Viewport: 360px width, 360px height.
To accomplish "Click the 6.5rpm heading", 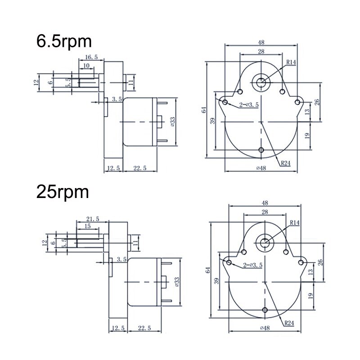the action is pos(64,42).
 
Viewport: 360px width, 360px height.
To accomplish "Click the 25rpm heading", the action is pos(63,193).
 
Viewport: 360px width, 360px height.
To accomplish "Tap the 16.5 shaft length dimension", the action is pos(91,57).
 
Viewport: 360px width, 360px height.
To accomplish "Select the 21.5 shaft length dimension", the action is pos(93,219).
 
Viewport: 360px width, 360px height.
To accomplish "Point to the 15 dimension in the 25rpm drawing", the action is pos(87,226).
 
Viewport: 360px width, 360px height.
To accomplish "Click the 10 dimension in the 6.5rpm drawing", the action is pos(86,66).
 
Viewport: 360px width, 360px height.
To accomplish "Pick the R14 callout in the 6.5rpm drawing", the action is pos(291,62).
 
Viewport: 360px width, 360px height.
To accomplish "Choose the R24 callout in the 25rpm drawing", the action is pos(289,323).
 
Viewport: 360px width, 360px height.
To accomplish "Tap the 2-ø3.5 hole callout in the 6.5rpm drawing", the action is pos(249,105).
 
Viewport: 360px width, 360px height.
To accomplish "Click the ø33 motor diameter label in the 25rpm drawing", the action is pos(177,282).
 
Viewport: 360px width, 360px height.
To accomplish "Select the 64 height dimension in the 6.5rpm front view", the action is pos(204,110).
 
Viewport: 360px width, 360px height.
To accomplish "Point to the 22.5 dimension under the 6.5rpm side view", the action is pos(140,168).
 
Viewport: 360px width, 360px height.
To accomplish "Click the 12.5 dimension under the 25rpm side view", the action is pos(118,328).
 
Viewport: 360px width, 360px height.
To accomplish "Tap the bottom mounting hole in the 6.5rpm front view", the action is pos(261,150).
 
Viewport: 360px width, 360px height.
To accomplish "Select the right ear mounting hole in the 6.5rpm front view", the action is pos(297,102).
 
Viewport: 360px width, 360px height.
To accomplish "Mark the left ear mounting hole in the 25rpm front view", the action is pos(229,262).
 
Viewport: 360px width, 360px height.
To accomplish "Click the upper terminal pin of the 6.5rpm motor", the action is pos(162,103).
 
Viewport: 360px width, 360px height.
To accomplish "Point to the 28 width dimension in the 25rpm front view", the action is pos(265,212).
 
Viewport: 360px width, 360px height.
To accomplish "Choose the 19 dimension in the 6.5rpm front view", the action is pos(307,135).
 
